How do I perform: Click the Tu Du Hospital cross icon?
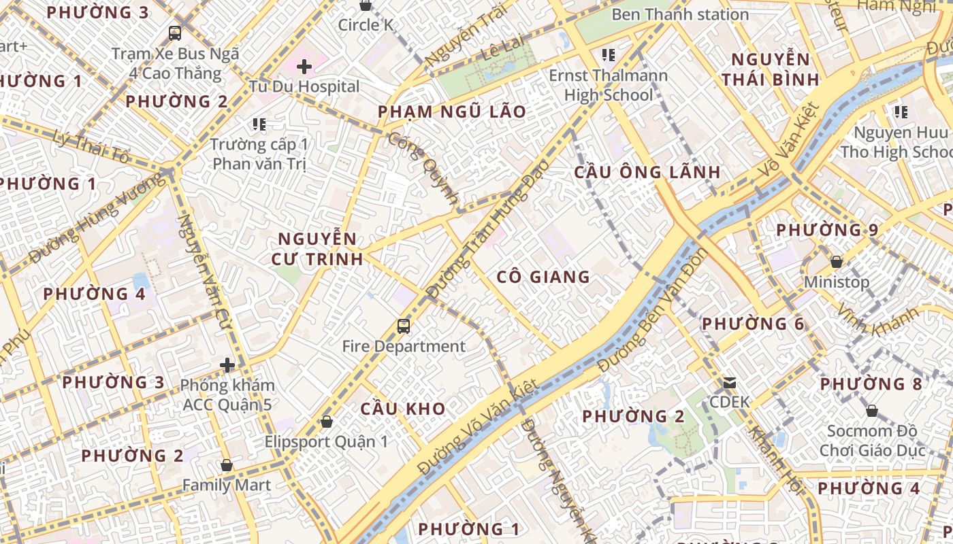pyautogui.click(x=304, y=67)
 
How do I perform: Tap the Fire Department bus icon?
pyautogui.click(x=404, y=326)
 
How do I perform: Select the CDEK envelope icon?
pyautogui.click(x=730, y=383)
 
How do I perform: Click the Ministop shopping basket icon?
pyautogui.click(x=837, y=262)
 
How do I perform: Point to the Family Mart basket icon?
pyautogui.click(x=227, y=466)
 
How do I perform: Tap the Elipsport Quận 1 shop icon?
pyautogui.click(x=327, y=422)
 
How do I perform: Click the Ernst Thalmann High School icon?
pyautogui.click(x=608, y=54)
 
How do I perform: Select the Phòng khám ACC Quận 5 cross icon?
pyautogui.click(x=227, y=366)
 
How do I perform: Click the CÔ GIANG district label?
pyautogui.click(x=543, y=277)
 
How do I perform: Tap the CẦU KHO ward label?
pyautogui.click(x=403, y=409)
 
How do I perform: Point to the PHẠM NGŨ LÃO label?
pyautogui.click(x=452, y=112)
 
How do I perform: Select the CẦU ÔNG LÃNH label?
pyautogui.click(x=647, y=172)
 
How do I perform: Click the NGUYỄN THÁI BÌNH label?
pyautogui.click(x=771, y=69)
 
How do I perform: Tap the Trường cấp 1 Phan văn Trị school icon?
pyautogui.click(x=259, y=124)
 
